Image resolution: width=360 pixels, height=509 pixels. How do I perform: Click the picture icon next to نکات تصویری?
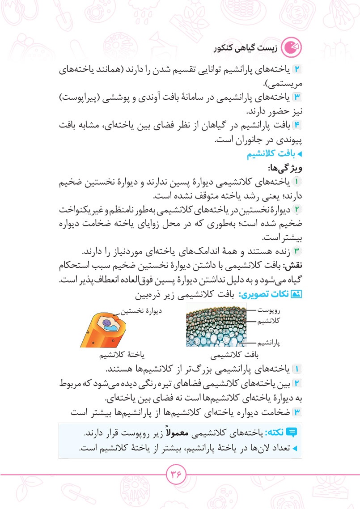coord(296,295)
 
